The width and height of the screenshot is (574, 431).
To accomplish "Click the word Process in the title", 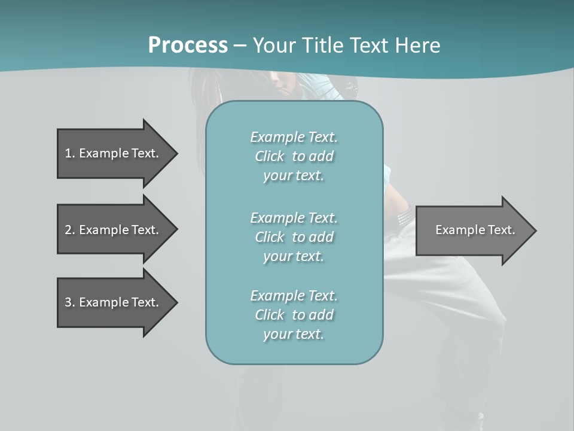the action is click(x=188, y=45).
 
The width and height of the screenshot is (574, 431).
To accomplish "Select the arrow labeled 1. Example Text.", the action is click(x=114, y=153).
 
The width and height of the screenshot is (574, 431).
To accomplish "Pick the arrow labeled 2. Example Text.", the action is click(x=114, y=230).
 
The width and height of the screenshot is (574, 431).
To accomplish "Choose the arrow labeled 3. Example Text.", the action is click(x=114, y=302).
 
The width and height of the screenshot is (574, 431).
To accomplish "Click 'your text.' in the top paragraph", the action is click(x=294, y=176).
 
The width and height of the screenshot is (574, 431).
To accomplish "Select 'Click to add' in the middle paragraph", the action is click(x=294, y=237).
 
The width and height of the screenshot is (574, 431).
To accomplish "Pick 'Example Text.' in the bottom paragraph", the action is click(x=294, y=296).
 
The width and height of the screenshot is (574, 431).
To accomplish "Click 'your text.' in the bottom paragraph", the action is click(x=294, y=334).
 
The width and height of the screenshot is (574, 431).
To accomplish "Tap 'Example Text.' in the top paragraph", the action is click(x=294, y=137).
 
